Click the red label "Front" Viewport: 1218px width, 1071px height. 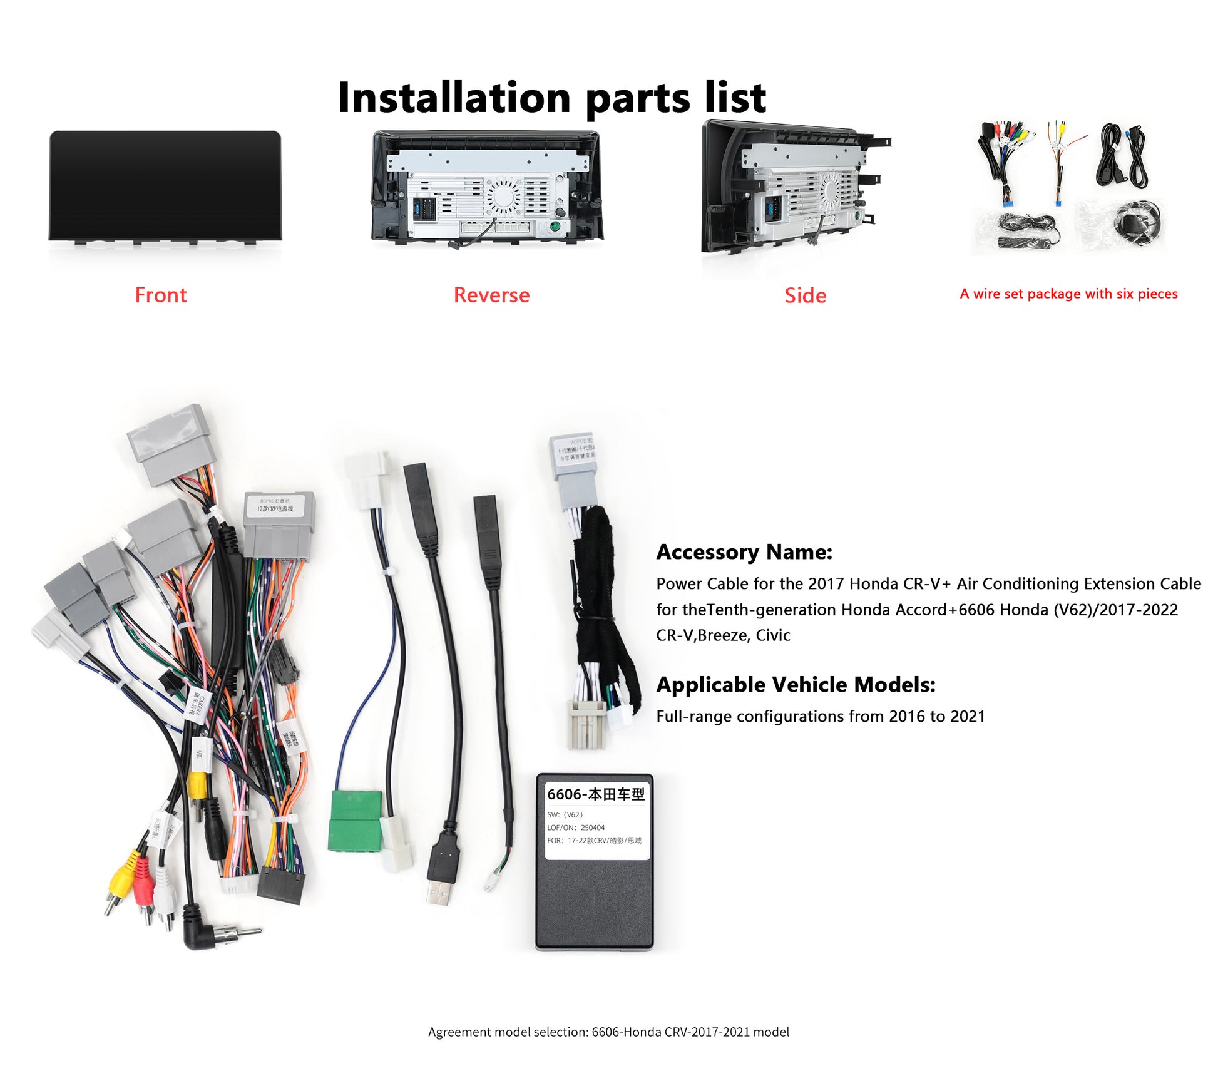(x=161, y=295)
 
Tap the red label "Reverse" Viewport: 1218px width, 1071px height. (x=491, y=295)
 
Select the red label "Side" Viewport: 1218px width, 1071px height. (x=805, y=295)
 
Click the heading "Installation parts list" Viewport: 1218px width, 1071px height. (x=551, y=98)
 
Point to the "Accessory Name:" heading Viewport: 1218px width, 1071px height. (x=744, y=552)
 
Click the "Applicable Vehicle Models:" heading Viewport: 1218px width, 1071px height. (x=796, y=685)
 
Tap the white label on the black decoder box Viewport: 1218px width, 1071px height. (x=595, y=819)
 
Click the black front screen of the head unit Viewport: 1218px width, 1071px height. (x=165, y=185)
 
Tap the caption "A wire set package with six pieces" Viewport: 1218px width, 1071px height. (x=1068, y=294)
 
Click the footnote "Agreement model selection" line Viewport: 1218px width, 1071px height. (x=608, y=1032)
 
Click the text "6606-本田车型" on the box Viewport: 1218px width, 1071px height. (x=595, y=794)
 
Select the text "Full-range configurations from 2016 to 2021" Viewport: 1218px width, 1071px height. (x=821, y=716)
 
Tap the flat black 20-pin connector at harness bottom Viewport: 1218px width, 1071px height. (x=280, y=885)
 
